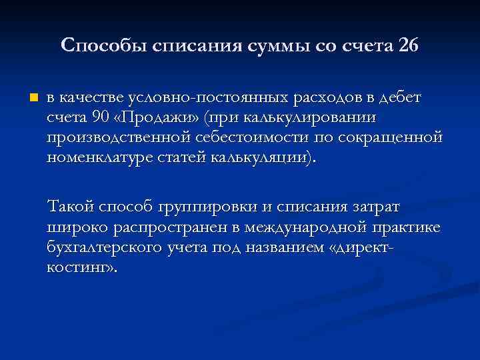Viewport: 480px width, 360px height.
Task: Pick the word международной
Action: (x=313, y=227)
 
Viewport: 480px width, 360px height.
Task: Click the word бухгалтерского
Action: (x=106, y=247)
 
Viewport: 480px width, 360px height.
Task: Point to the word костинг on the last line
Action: (x=79, y=267)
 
